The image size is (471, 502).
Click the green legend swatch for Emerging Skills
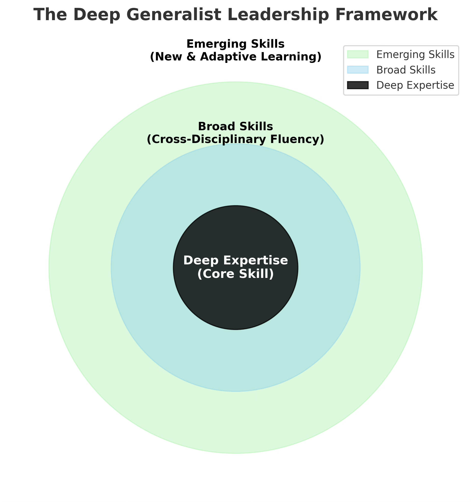(357, 54)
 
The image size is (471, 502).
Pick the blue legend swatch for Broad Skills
(357, 70)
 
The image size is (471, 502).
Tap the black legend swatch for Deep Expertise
(357, 85)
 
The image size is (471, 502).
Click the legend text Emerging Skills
(415, 55)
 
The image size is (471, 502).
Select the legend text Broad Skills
(406, 70)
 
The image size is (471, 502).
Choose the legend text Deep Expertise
(415, 86)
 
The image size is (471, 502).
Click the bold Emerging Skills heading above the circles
(235, 44)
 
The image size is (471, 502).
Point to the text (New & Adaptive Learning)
(235, 57)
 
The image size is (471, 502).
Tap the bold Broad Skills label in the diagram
(235, 127)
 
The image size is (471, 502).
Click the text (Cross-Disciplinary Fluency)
(235, 139)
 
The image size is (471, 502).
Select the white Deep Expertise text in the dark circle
(235, 260)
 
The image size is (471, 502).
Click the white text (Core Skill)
(235, 274)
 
